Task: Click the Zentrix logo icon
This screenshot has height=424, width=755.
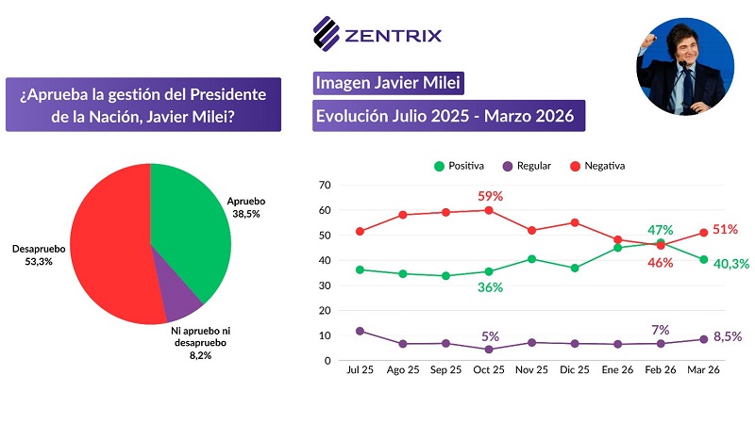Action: pyautogui.click(x=326, y=35)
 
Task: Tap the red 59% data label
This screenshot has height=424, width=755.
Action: pyautogui.click(x=489, y=196)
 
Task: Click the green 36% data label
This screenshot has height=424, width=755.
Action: pyautogui.click(x=489, y=288)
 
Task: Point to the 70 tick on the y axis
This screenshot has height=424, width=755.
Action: pyautogui.click(x=326, y=185)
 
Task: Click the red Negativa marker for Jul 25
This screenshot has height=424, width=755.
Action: pyautogui.click(x=360, y=231)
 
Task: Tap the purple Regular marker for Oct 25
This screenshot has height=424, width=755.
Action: pyautogui.click(x=489, y=350)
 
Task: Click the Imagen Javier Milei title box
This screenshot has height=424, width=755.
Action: pyautogui.click(x=388, y=84)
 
